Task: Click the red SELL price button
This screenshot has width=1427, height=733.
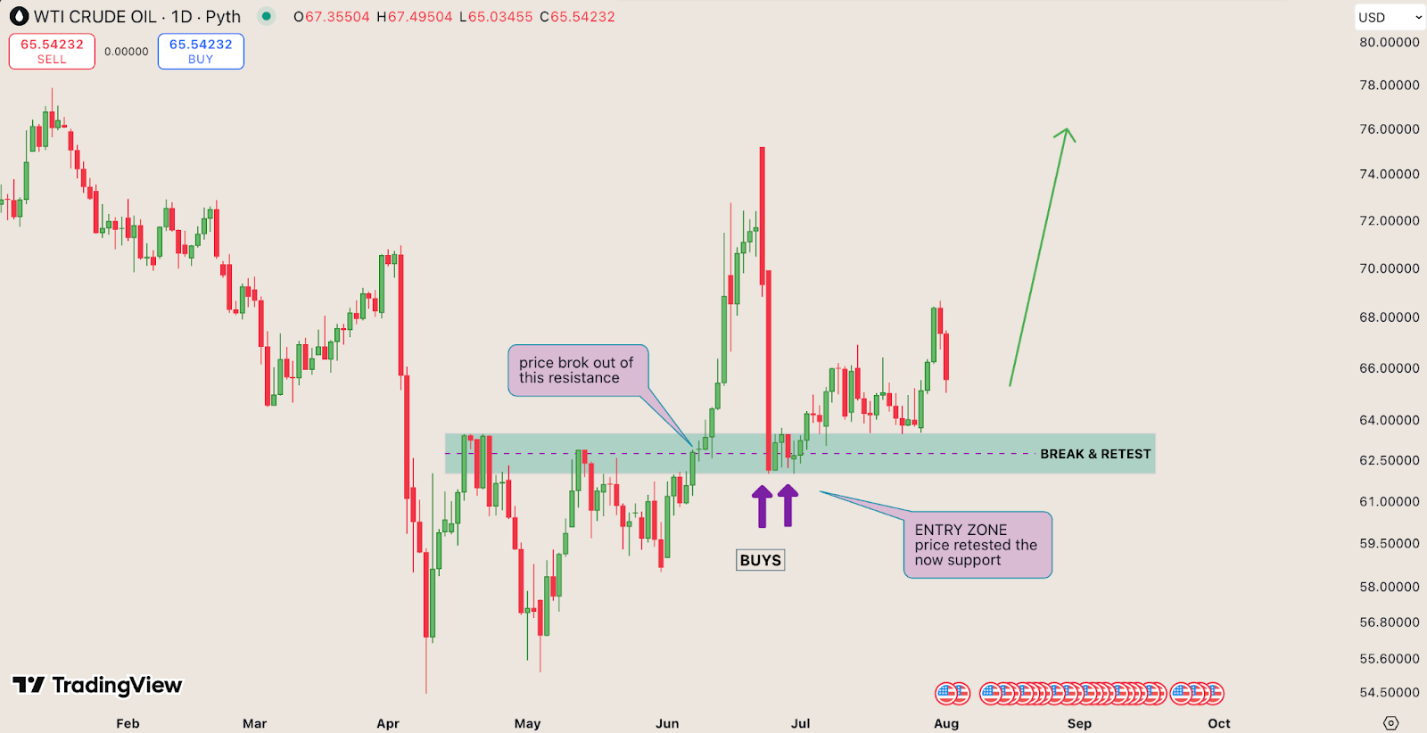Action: coord(52,52)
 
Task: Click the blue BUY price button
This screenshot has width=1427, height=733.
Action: coord(201,52)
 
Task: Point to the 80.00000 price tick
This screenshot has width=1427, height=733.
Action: coord(1389,42)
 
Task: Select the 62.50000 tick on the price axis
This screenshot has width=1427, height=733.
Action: coord(1389,460)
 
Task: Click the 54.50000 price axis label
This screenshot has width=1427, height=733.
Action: coord(1389,692)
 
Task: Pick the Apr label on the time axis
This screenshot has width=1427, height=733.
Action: coord(388,723)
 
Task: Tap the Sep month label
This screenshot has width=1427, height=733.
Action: coord(1079,723)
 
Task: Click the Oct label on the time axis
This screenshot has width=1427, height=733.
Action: coord(1219,723)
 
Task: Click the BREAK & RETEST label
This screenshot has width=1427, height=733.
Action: coord(1095,454)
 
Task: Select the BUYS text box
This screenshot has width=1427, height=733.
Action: coord(761,560)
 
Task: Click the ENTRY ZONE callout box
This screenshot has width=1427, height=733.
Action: coord(977,545)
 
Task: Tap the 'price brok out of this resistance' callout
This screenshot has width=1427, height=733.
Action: coord(577,370)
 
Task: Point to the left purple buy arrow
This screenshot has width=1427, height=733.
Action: coord(762,506)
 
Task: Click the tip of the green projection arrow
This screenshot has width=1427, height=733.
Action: coord(1067,130)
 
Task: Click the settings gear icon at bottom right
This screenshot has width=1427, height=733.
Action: coord(1390,723)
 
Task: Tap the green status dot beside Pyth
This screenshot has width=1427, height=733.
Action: coord(266,16)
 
